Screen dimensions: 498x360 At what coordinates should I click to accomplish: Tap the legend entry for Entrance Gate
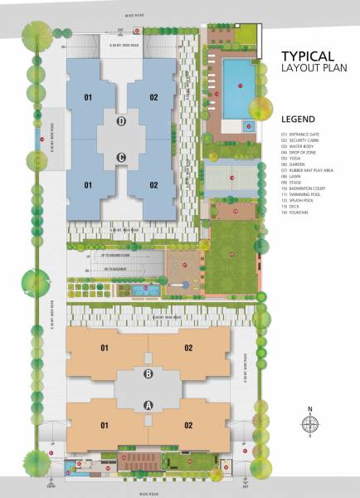(305, 134)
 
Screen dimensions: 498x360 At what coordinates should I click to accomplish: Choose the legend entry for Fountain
(302, 224)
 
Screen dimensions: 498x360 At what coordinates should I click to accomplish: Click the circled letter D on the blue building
(122, 122)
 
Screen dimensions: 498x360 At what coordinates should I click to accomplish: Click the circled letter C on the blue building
(122, 157)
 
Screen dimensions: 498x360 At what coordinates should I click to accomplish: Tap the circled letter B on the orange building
(149, 374)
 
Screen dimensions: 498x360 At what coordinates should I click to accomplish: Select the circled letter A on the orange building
(149, 405)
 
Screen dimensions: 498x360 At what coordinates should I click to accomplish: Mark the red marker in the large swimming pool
(240, 86)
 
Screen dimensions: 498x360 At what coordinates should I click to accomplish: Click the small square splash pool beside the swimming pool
(247, 126)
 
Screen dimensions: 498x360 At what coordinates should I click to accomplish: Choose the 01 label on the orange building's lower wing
(106, 426)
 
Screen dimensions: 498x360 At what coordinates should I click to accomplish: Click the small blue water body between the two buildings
(148, 291)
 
